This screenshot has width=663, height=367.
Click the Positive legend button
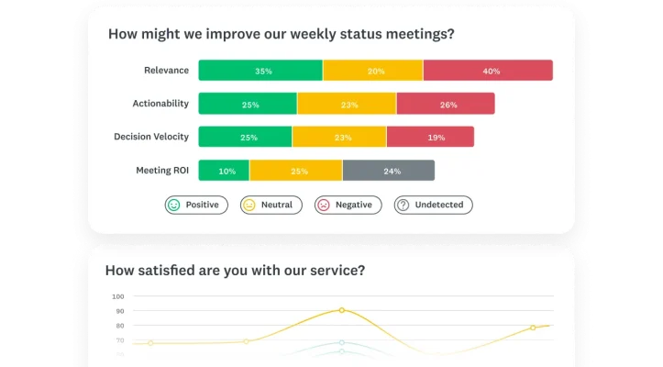tap(194, 205)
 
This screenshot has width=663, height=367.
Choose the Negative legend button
tap(347, 205)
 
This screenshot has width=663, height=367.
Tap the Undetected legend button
tap(433, 205)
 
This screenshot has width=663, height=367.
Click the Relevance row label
tap(166, 70)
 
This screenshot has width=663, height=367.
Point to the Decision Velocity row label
tap(151, 137)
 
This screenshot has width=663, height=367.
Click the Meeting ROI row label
tap(162, 170)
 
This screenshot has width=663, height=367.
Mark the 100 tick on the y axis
tap(117, 296)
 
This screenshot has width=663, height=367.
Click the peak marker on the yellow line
tap(341, 310)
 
